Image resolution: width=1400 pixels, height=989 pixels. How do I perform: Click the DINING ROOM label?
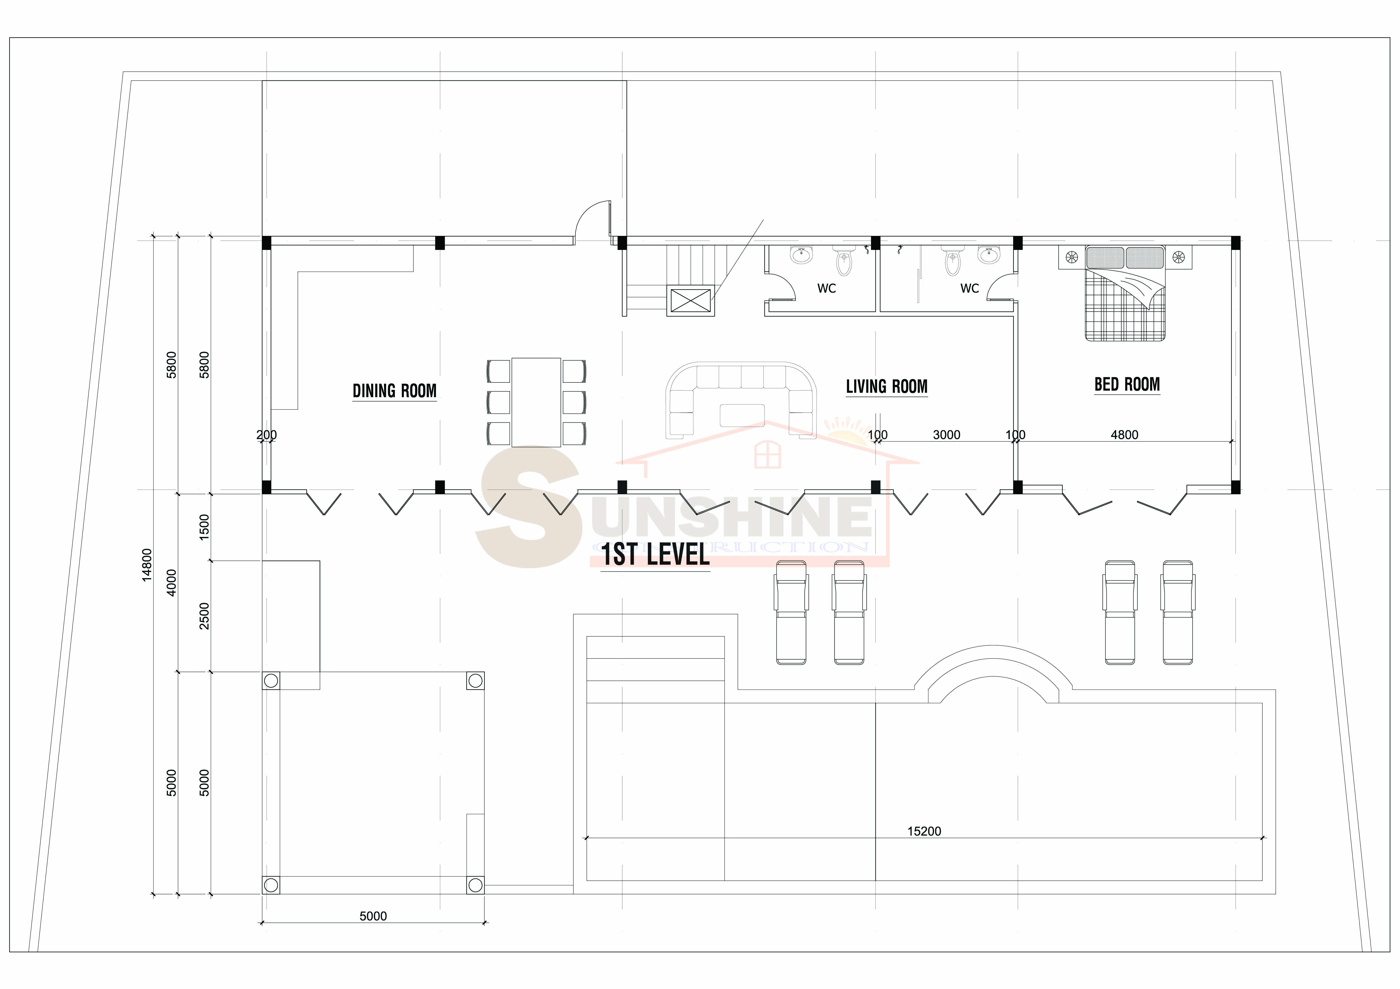tap(394, 391)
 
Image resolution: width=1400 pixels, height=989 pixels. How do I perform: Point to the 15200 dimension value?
tap(924, 831)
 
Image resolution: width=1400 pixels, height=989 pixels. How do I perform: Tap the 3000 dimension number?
tap(946, 435)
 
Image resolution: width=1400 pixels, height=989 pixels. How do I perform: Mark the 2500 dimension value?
tap(204, 616)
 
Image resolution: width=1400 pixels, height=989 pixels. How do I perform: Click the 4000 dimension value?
tap(171, 582)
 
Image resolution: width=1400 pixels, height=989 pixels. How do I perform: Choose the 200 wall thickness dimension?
tap(266, 435)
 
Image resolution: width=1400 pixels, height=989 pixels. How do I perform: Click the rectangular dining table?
tap(536, 402)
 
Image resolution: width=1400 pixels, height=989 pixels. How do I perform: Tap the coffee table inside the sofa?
tap(742, 415)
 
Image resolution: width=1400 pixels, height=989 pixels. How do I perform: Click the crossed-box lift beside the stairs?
tap(690, 301)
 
